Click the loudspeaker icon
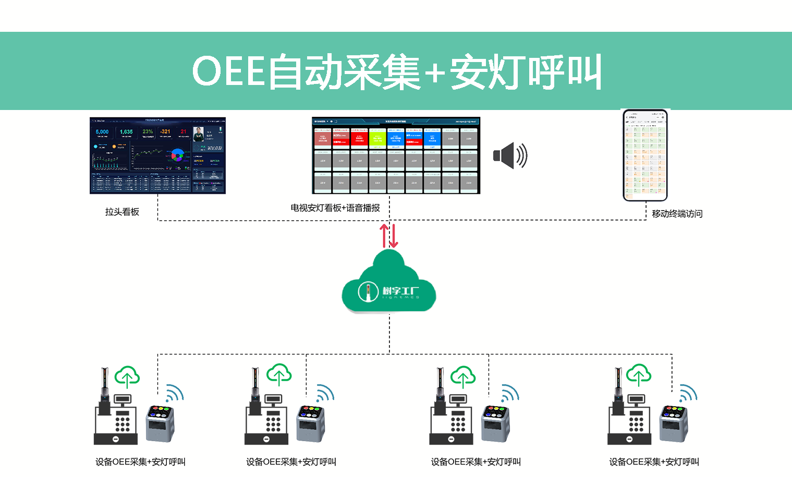click(x=509, y=155)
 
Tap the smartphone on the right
click(x=645, y=155)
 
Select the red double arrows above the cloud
click(x=389, y=236)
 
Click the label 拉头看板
click(x=122, y=212)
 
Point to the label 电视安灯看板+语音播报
click(x=335, y=208)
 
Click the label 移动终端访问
click(x=677, y=214)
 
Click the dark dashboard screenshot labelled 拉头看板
click(x=157, y=155)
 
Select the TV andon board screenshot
click(x=396, y=155)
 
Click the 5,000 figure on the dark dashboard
click(x=102, y=132)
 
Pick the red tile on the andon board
click(x=359, y=138)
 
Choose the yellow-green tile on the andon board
click(x=377, y=139)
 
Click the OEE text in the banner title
click(x=228, y=71)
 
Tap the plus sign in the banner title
click(x=434, y=73)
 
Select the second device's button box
click(x=311, y=422)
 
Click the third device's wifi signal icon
click(x=510, y=393)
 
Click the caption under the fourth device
click(x=654, y=462)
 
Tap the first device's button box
click(x=160, y=422)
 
